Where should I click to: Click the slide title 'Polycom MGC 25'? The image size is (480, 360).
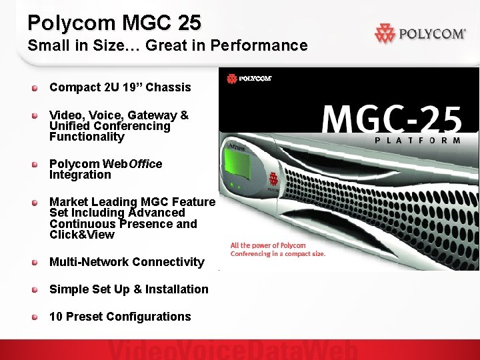pyautogui.click(x=114, y=23)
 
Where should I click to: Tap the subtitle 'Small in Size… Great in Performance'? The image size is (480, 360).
pyautogui.click(x=167, y=46)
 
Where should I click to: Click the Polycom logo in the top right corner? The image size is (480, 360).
pyautogui.click(x=420, y=33)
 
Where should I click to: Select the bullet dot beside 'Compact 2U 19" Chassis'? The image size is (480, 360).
pyautogui.click(x=34, y=87)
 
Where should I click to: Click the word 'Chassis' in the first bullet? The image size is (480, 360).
pyautogui.click(x=168, y=87)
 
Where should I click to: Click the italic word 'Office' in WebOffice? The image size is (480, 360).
pyautogui.click(x=146, y=164)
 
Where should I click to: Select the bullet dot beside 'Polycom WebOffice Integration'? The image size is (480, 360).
pyautogui.click(x=34, y=164)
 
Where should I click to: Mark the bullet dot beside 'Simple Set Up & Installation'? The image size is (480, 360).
pyautogui.click(x=34, y=289)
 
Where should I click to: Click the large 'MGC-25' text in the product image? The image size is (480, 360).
pyautogui.click(x=392, y=120)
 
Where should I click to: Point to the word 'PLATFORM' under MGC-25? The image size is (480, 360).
pyautogui.click(x=417, y=141)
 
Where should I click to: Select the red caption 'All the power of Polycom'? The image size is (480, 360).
pyautogui.click(x=268, y=246)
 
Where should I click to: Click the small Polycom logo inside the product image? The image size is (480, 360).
pyautogui.click(x=249, y=79)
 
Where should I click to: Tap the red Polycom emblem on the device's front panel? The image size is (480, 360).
pyautogui.click(x=273, y=179)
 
